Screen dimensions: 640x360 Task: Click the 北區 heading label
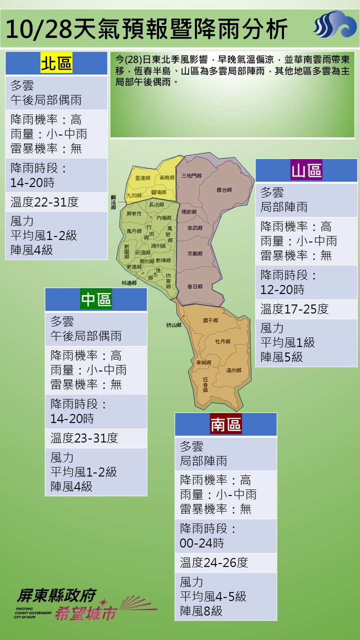(x=56, y=63)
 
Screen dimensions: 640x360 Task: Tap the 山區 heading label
(x=306, y=170)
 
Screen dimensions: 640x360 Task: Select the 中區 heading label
(x=96, y=299)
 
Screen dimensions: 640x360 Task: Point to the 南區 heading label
(x=226, y=424)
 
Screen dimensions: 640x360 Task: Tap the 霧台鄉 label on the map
(x=224, y=190)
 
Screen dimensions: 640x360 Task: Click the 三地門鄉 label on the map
(x=191, y=175)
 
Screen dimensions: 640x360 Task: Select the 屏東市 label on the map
(x=134, y=213)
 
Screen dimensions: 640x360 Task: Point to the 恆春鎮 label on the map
(x=205, y=383)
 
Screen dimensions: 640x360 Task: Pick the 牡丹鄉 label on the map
(x=222, y=341)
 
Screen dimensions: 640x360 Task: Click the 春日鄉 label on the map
(x=194, y=286)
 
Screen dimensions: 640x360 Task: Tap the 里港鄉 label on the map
(x=142, y=178)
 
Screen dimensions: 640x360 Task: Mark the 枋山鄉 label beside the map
(x=173, y=325)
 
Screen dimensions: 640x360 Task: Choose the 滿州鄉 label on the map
(x=233, y=370)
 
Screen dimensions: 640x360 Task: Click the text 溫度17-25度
(x=294, y=309)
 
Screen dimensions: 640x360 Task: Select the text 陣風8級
(x=201, y=611)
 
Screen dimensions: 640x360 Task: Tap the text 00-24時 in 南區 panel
(x=202, y=543)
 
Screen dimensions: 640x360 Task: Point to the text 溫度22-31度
(x=44, y=202)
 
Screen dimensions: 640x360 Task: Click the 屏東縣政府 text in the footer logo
(x=56, y=595)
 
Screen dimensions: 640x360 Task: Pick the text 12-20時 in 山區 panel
(x=282, y=289)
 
